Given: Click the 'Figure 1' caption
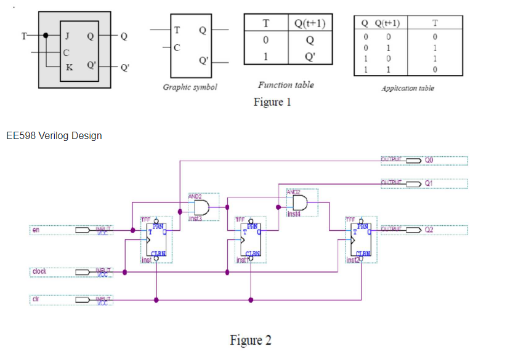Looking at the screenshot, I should click(272, 102).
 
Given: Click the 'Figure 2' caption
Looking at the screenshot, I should click(250, 340).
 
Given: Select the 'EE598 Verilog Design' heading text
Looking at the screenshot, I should click(54, 135).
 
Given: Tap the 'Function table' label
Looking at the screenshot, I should click(286, 85).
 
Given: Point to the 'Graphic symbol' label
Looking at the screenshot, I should click(190, 87).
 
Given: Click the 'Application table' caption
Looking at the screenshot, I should click(408, 88).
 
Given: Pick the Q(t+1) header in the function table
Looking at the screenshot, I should click(310, 23).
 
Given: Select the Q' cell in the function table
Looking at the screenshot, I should click(310, 58).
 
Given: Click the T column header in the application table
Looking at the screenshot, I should click(435, 23).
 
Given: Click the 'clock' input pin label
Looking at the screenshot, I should click(39, 271).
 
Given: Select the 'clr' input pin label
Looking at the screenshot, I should click(36, 300).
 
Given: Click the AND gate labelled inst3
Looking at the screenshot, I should click(201, 207).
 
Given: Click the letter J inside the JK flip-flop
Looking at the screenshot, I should click(67, 36).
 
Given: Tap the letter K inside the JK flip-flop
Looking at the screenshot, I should click(69, 66).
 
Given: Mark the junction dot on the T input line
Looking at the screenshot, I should click(46, 36).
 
